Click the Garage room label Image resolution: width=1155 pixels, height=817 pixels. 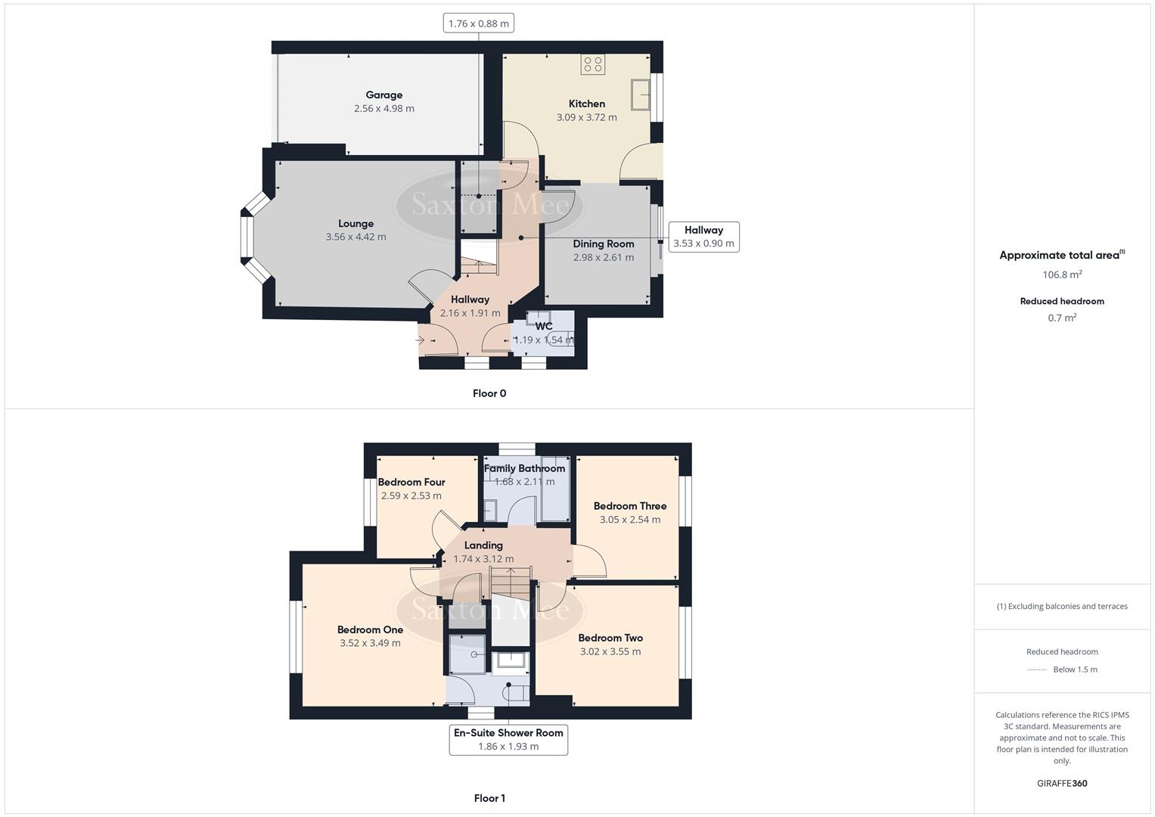pyautogui.click(x=383, y=95)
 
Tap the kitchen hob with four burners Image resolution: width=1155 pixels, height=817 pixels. pyautogui.click(x=593, y=65)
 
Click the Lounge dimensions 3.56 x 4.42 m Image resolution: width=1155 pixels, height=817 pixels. pyautogui.click(x=356, y=237)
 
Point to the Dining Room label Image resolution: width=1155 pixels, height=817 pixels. pyautogui.click(x=603, y=244)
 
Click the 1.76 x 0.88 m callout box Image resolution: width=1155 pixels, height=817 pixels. pyautogui.click(x=479, y=23)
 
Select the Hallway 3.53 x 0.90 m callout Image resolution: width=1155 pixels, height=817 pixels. pyautogui.click(x=703, y=237)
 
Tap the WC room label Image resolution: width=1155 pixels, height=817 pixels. pyautogui.click(x=544, y=326)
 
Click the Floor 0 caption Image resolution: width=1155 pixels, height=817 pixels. pyautogui.click(x=489, y=393)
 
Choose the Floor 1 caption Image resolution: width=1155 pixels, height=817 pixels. pyautogui.click(x=489, y=798)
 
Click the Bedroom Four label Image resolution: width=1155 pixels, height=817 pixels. pyautogui.click(x=411, y=482)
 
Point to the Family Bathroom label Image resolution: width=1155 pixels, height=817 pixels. pyautogui.click(x=524, y=468)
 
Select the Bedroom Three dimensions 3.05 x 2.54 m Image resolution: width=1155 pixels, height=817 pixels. pyautogui.click(x=629, y=520)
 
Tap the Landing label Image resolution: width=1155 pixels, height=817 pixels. pyautogui.click(x=483, y=545)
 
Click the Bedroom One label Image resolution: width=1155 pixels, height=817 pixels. pyautogui.click(x=370, y=629)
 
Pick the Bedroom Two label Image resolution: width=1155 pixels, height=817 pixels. pyautogui.click(x=610, y=638)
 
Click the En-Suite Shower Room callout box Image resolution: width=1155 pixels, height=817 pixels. pyautogui.click(x=508, y=739)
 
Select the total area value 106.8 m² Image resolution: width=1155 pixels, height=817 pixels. pyautogui.click(x=1062, y=275)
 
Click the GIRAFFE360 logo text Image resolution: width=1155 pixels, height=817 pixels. pyautogui.click(x=1062, y=783)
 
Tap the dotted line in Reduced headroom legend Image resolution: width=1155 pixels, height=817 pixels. pyautogui.click(x=1036, y=669)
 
